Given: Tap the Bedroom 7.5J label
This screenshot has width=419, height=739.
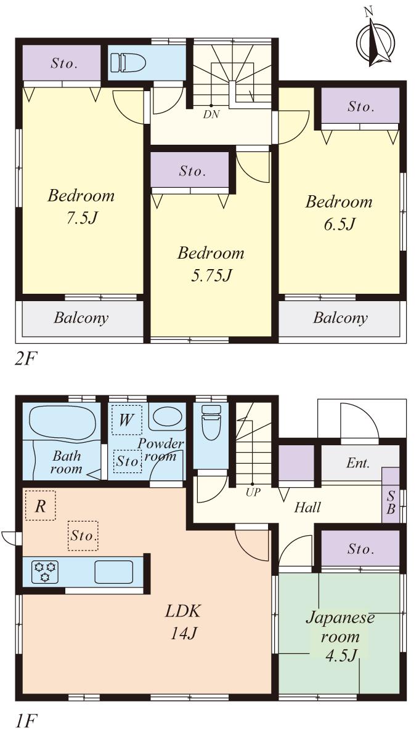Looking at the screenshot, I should pos(81,207).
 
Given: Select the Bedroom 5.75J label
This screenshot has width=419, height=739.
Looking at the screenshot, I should pos(211,264).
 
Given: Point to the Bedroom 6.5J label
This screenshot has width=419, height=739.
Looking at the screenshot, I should pos(340,212).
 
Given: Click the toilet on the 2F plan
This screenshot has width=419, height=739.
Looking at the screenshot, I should pos(128,62).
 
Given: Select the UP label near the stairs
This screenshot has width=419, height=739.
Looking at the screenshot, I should pos(253,492).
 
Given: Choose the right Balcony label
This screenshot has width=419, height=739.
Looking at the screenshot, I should pos(340,318).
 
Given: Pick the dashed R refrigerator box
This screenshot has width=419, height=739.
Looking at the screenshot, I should pos(40,506).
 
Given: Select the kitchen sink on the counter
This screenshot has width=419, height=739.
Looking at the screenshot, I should pos(113,572).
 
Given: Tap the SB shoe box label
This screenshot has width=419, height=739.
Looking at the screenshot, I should pos(391,502).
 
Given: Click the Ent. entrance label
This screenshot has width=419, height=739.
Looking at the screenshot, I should pos(357,464).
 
